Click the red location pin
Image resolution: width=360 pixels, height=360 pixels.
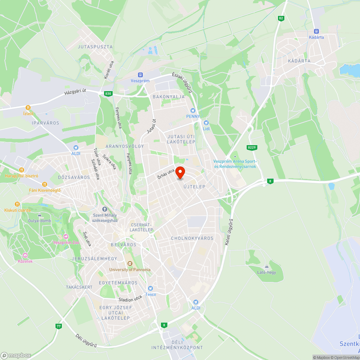(x=180, y=173)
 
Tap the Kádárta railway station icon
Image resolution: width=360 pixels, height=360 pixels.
(x=316, y=31)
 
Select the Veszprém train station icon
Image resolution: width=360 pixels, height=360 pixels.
(x=140, y=75)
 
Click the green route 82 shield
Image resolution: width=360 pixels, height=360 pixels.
(x=281, y=18)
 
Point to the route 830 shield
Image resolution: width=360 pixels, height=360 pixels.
(x=108, y=94)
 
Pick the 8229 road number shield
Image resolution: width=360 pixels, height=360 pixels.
(x=252, y=147)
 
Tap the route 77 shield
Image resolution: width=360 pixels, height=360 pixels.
(x=58, y=326)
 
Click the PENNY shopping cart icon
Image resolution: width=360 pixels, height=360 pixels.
(x=193, y=110)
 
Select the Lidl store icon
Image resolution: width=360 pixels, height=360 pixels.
(x=206, y=123)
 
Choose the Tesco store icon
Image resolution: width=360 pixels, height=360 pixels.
(x=150, y=288)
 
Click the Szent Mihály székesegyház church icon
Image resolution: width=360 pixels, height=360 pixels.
(x=105, y=209)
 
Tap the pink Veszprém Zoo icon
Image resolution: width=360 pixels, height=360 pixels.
(x=66, y=237)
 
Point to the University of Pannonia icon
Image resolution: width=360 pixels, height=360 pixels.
(x=130, y=264)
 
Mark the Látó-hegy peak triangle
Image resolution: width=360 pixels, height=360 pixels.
(x=266, y=266)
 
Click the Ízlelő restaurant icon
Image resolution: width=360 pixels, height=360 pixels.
(x=28, y=108)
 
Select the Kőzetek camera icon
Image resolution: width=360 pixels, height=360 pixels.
(x=25, y=255)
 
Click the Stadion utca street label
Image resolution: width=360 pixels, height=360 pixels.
(x=130, y=299)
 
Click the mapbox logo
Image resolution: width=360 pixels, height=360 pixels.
(x=16, y=355)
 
